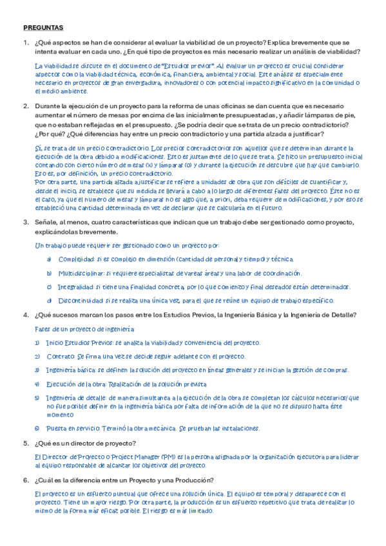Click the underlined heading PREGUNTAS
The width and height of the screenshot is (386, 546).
[x=43, y=28]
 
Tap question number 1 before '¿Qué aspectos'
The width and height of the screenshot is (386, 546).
[x=26, y=42]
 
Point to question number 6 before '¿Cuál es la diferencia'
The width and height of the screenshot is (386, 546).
[x=26, y=480]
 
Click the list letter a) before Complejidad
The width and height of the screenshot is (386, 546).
[x=50, y=259]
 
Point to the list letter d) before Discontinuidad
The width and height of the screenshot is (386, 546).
[x=50, y=300]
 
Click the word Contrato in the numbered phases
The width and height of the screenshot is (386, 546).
[x=61, y=356]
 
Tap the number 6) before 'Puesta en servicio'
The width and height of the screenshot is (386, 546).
[x=37, y=428]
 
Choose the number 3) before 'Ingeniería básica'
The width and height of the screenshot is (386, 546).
[x=37, y=370]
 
